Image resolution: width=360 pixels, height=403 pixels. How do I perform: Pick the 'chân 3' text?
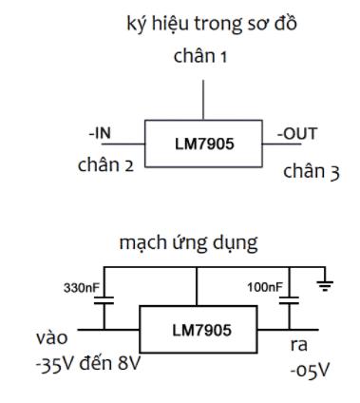(x=310, y=172)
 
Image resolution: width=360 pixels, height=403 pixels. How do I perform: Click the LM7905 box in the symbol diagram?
(x=202, y=144)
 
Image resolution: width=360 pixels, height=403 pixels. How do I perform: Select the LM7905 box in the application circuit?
(x=198, y=329)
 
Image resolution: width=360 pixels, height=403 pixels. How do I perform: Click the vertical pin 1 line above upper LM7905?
(x=202, y=99)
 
